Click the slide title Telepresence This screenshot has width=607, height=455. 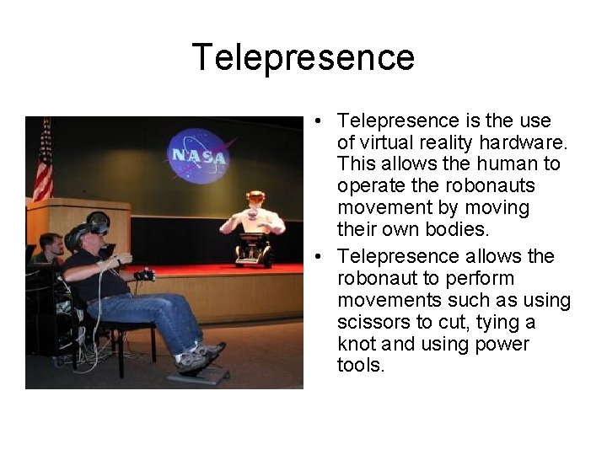coord(303,57)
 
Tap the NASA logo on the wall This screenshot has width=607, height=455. coord(198,154)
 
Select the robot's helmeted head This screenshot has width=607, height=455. coord(255,199)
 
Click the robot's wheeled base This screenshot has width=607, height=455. coord(254,250)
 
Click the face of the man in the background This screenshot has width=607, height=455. coord(51,246)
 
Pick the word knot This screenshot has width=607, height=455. coord(356,345)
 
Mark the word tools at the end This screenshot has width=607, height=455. coord(359,367)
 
